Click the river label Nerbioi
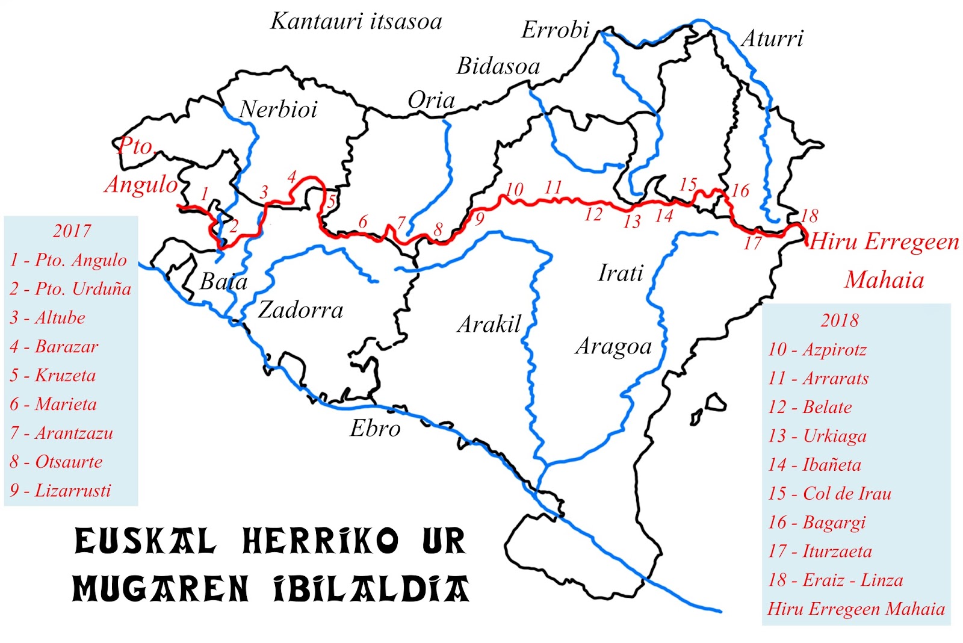278,110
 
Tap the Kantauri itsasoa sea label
356,22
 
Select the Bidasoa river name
498,66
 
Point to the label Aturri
772,39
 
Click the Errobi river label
555,30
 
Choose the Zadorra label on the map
300,310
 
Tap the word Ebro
375,429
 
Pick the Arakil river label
489,325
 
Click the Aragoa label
613,347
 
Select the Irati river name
621,273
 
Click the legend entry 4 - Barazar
54,347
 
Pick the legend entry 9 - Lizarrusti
61,491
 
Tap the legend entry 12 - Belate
810,408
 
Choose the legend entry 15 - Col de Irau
829,494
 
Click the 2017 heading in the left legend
72,231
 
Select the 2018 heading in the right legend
839,320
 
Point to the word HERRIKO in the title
320,541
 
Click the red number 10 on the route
514,190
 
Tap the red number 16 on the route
740,191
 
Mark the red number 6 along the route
363,222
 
